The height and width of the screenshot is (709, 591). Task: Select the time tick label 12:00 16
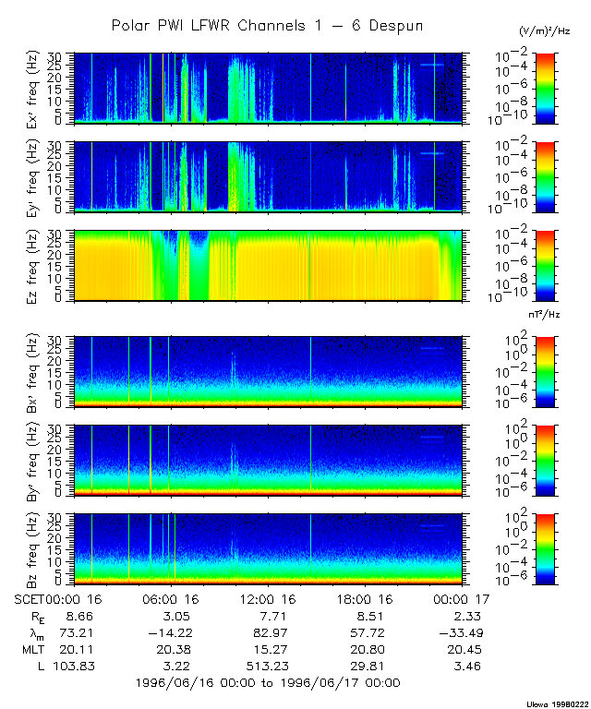(x=268, y=599)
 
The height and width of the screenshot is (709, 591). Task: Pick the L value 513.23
(x=268, y=666)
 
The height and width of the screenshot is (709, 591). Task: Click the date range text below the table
(x=268, y=683)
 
